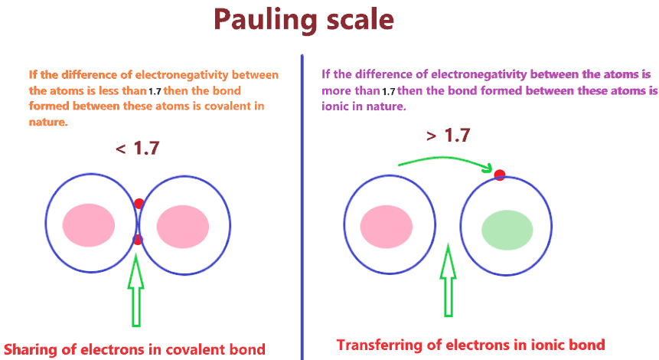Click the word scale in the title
[358, 20]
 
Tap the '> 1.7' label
[448, 136]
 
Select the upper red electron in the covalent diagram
[139, 204]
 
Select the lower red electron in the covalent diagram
[138, 240]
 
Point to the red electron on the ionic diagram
[500, 175]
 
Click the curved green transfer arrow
[444, 159]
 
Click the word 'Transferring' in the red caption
[381, 345]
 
